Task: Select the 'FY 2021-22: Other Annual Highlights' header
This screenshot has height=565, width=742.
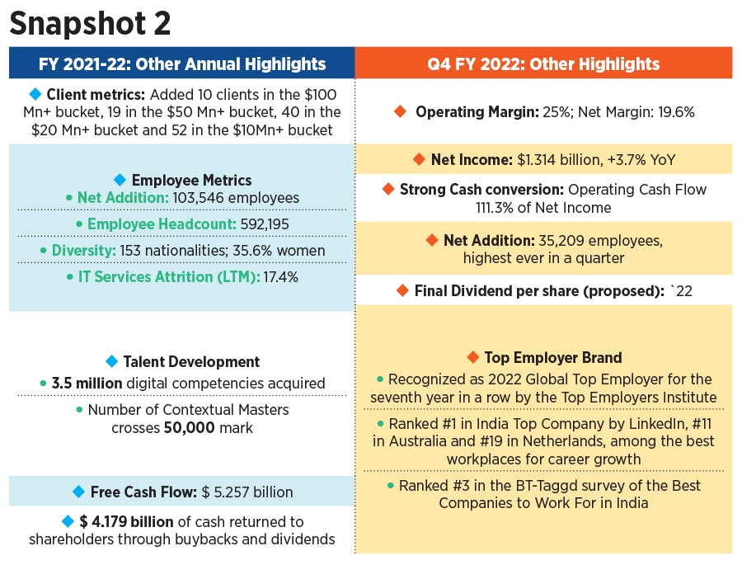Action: coord(182,64)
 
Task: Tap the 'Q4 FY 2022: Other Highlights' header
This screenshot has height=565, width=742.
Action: coord(544,64)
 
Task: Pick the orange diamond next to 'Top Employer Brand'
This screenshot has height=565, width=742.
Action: coord(472,357)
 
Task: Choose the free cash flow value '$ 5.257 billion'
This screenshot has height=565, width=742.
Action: coord(247,492)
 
